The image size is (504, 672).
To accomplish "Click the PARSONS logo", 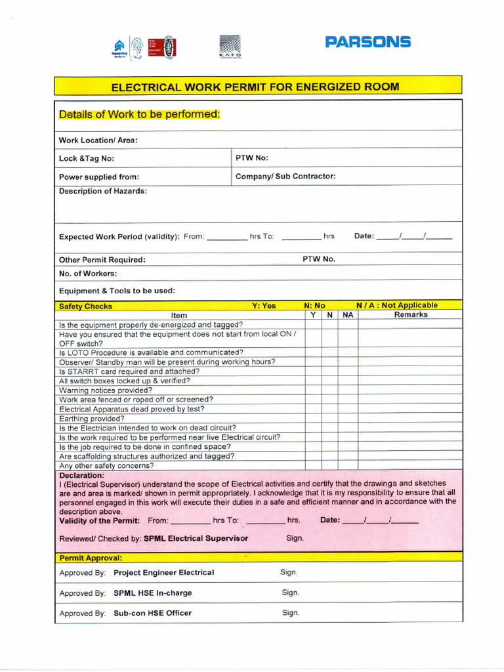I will pos(367,43).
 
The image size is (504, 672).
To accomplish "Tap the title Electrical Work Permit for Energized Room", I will pos(255,87).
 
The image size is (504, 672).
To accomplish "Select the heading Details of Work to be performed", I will pos(139,114).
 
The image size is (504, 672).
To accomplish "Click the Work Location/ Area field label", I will pos(98,140).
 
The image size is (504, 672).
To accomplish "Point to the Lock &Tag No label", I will pos(86,158).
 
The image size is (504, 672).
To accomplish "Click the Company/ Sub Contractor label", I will pos(285,176).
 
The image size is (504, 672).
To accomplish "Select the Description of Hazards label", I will pos(103,191).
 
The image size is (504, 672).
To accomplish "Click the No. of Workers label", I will pos(88,273).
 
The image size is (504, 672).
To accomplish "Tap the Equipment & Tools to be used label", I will pos(117,291).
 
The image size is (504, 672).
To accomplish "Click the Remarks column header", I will pos(410,315).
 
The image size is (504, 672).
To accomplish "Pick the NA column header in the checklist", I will pos(348,315).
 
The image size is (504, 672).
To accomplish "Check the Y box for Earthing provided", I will pos(313,419).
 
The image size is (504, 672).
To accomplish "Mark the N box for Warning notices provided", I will pos(330,390).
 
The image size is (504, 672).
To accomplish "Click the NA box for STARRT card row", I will pos(348,371).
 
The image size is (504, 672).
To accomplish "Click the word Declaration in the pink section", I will pos(81,475).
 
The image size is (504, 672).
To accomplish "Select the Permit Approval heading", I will pos(91,557).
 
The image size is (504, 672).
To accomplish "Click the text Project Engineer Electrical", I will pos(163,572).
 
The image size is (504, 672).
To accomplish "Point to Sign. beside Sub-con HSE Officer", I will pos(291,613).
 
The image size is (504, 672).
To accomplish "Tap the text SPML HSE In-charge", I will pos(153,593).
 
